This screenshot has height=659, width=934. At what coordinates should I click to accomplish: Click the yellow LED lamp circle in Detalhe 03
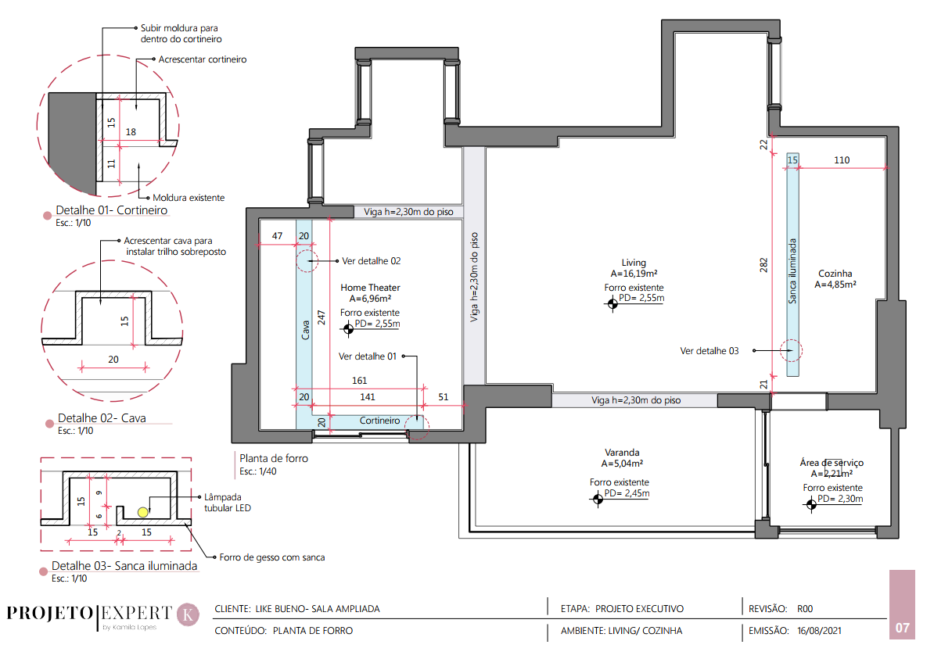[x=143, y=512]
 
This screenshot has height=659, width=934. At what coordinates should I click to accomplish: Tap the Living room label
[x=634, y=263]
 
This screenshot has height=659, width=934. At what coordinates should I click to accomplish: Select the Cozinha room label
[x=835, y=274]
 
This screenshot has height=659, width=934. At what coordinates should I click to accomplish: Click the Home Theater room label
[x=371, y=288]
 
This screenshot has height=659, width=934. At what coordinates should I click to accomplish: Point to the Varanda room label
[x=622, y=453]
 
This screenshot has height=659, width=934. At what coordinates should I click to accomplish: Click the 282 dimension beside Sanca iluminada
[x=763, y=266]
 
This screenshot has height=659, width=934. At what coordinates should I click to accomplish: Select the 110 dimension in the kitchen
[x=842, y=160]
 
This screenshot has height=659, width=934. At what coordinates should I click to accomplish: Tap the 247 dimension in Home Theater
[x=321, y=317]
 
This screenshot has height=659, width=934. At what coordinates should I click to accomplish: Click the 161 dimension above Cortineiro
[x=360, y=381]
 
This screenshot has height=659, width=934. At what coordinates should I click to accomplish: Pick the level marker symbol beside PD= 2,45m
[x=598, y=499]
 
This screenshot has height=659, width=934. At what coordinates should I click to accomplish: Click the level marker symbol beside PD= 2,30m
[x=810, y=505]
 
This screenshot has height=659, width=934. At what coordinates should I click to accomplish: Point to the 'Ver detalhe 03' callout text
[x=709, y=351]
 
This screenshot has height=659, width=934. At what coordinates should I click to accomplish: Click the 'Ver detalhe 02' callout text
[x=371, y=261]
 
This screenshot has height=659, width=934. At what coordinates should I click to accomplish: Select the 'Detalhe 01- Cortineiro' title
[x=111, y=210]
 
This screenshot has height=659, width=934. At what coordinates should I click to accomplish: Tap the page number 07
[x=903, y=628]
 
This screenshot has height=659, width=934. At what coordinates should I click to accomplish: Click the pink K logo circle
[x=189, y=614]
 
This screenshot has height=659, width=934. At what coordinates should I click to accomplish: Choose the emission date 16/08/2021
[x=820, y=631]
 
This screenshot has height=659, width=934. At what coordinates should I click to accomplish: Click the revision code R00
[x=805, y=609]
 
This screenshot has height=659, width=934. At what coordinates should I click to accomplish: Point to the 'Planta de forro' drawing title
[x=274, y=458]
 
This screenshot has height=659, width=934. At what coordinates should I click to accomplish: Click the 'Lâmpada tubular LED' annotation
[x=228, y=503]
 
